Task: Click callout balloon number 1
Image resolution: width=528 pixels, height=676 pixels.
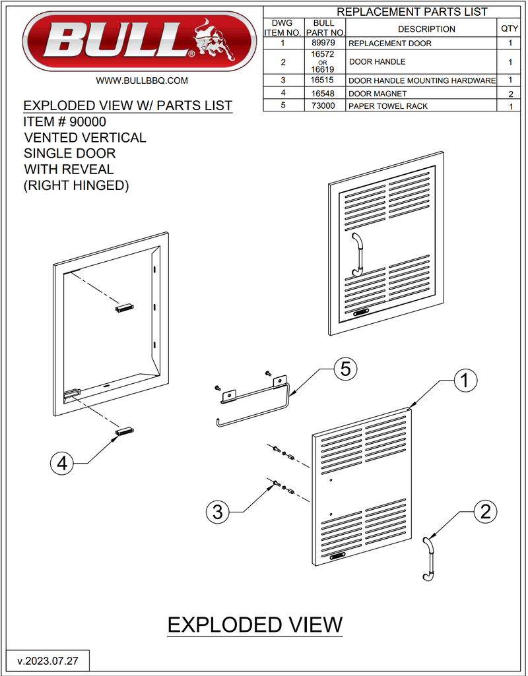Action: pyautogui.click(x=464, y=380)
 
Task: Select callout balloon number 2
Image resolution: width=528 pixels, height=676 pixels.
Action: pyautogui.click(x=485, y=511)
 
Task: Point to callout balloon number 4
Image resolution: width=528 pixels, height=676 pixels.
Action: pyautogui.click(x=62, y=464)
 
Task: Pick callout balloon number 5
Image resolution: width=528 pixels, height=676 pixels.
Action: pyautogui.click(x=345, y=369)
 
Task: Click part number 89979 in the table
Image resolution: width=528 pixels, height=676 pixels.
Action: pyautogui.click(x=325, y=44)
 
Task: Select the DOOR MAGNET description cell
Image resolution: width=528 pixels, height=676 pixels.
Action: pyautogui.click(x=378, y=94)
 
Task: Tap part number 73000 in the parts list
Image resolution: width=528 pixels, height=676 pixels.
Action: pyautogui.click(x=325, y=106)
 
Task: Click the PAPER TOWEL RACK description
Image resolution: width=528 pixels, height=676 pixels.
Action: pyautogui.click(x=388, y=106)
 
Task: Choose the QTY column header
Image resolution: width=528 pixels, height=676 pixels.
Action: pyautogui.click(x=510, y=29)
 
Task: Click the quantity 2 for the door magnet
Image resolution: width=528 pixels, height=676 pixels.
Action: pyautogui.click(x=510, y=94)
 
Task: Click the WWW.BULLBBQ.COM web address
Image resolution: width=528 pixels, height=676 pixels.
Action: pyautogui.click(x=143, y=80)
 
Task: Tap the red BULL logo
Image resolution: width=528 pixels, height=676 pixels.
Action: pyautogui.click(x=139, y=41)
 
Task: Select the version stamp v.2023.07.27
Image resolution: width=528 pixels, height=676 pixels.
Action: pyautogui.click(x=48, y=660)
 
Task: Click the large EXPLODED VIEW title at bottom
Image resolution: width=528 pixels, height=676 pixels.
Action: pyautogui.click(x=255, y=625)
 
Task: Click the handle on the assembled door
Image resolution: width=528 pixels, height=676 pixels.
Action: pyautogui.click(x=357, y=254)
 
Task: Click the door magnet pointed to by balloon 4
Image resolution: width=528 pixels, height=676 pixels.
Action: pyautogui.click(x=125, y=431)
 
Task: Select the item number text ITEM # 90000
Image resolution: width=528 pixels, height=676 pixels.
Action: pyautogui.click(x=65, y=122)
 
